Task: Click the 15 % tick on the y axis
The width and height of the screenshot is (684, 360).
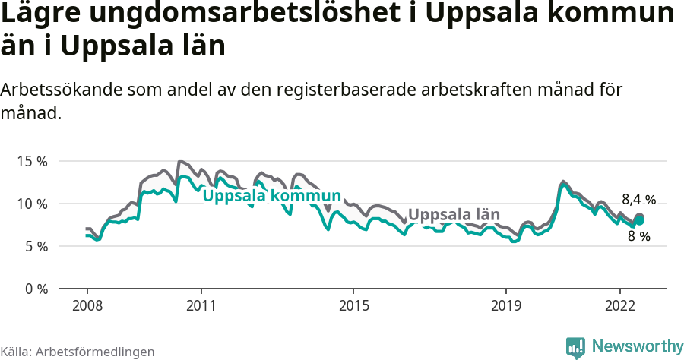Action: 32,161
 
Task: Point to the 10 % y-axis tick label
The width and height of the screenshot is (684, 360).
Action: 32,204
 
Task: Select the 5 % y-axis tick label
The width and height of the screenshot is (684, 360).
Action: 35,246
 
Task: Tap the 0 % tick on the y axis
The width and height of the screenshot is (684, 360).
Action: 35,289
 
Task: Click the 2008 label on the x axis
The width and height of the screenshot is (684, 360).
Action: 87,305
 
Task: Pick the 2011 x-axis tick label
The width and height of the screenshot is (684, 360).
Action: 201,305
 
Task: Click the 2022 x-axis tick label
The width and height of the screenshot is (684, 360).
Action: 620,305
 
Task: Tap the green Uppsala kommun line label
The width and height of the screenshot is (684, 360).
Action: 271,196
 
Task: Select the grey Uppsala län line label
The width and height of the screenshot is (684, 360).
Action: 455,213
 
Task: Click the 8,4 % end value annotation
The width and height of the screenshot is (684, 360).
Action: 638,200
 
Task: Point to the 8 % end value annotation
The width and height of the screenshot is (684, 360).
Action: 638,236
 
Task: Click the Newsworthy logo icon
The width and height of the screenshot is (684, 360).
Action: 575,346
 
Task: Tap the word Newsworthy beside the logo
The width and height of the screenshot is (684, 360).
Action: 638,346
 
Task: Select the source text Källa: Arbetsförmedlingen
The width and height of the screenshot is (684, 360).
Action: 78,352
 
